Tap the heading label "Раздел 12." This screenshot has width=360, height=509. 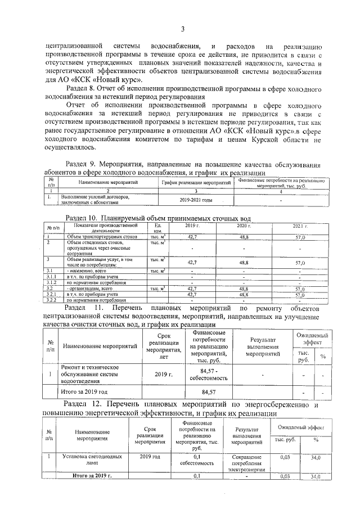click(x=83, y=404)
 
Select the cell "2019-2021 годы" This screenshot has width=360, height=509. click(x=196, y=200)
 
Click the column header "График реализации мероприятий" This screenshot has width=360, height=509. click(x=196, y=183)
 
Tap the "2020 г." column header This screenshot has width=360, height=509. click(x=244, y=226)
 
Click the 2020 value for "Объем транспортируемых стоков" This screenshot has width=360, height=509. click(x=244, y=238)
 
